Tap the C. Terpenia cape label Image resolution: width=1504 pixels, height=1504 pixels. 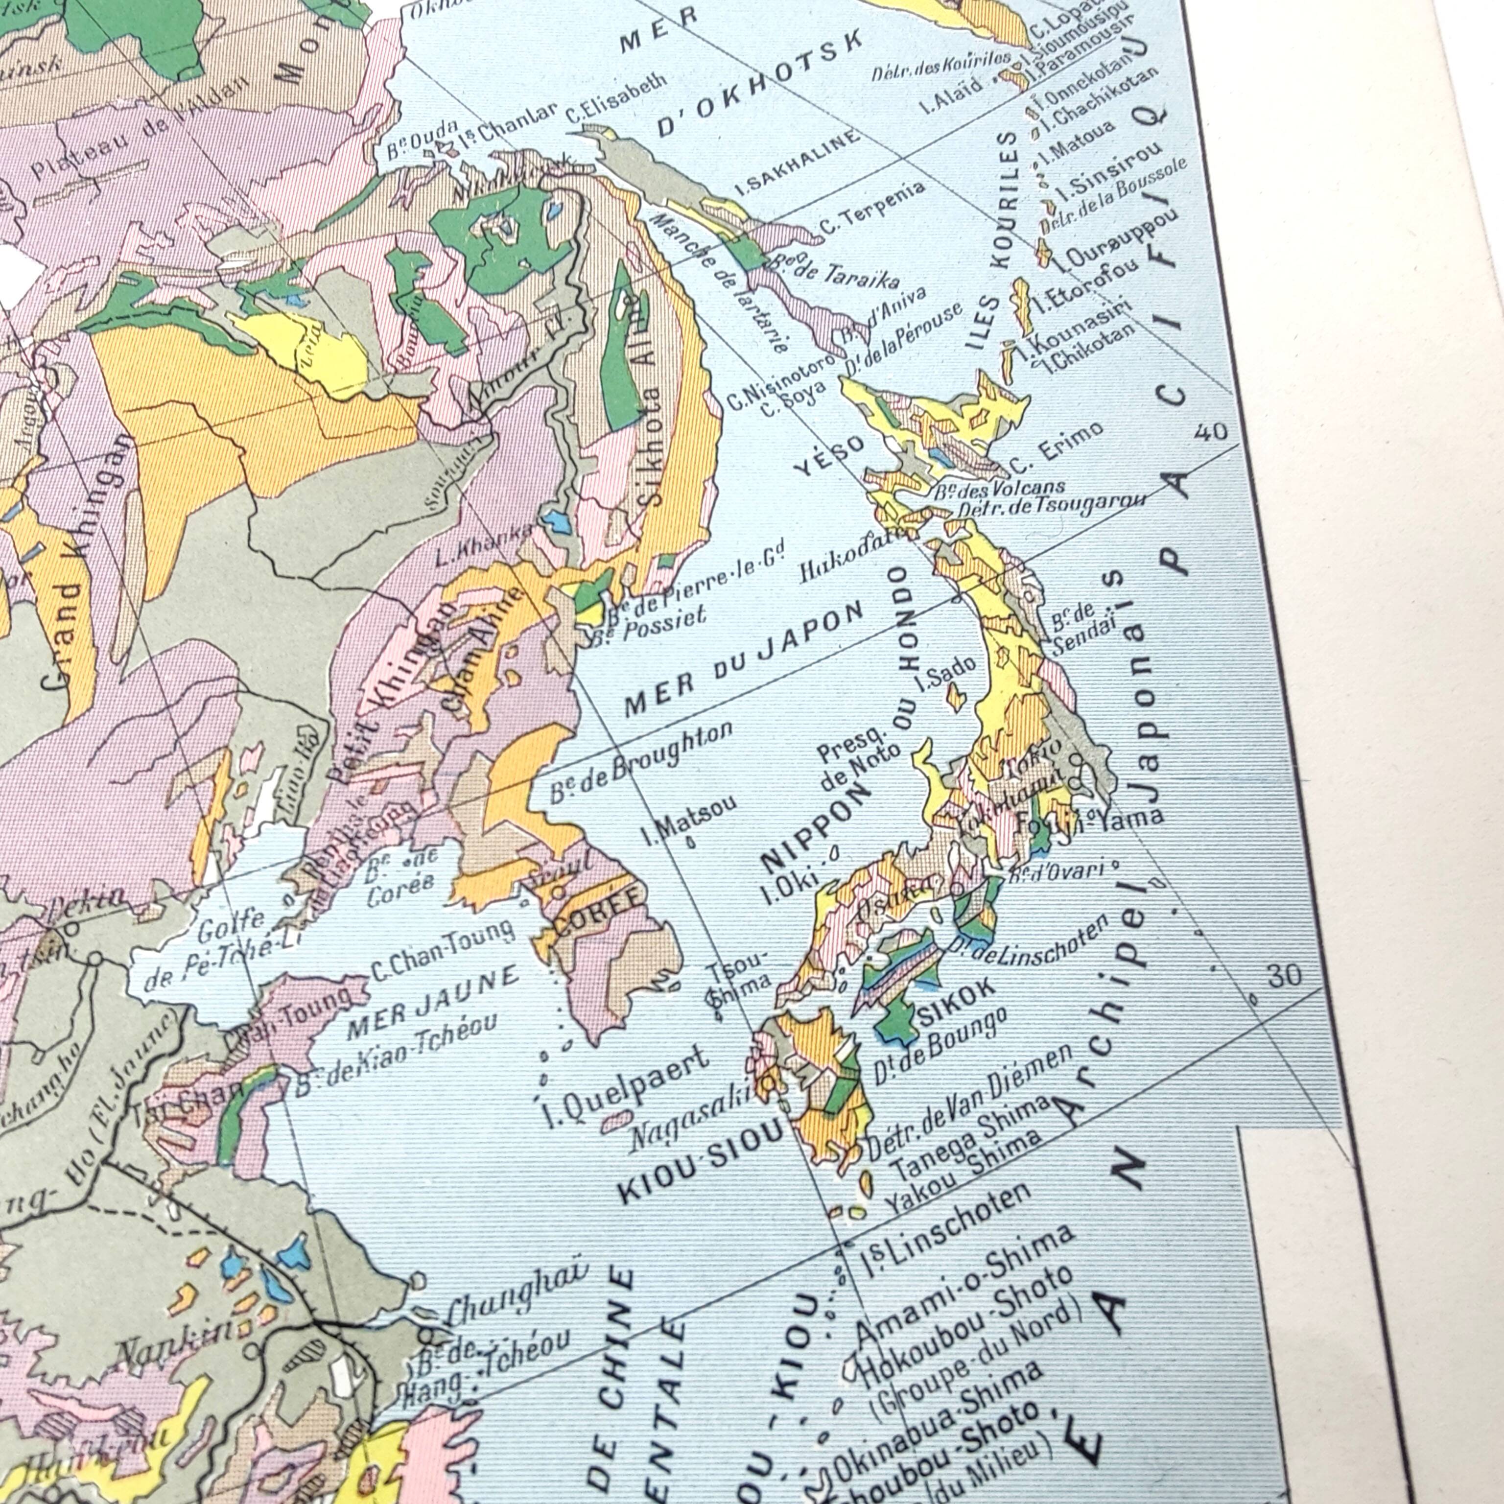tap(872, 209)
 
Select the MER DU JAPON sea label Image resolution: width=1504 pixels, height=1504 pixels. tap(744, 662)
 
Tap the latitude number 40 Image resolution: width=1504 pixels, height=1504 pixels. tap(1211, 432)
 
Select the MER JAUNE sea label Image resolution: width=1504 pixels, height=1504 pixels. tap(431, 1003)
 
